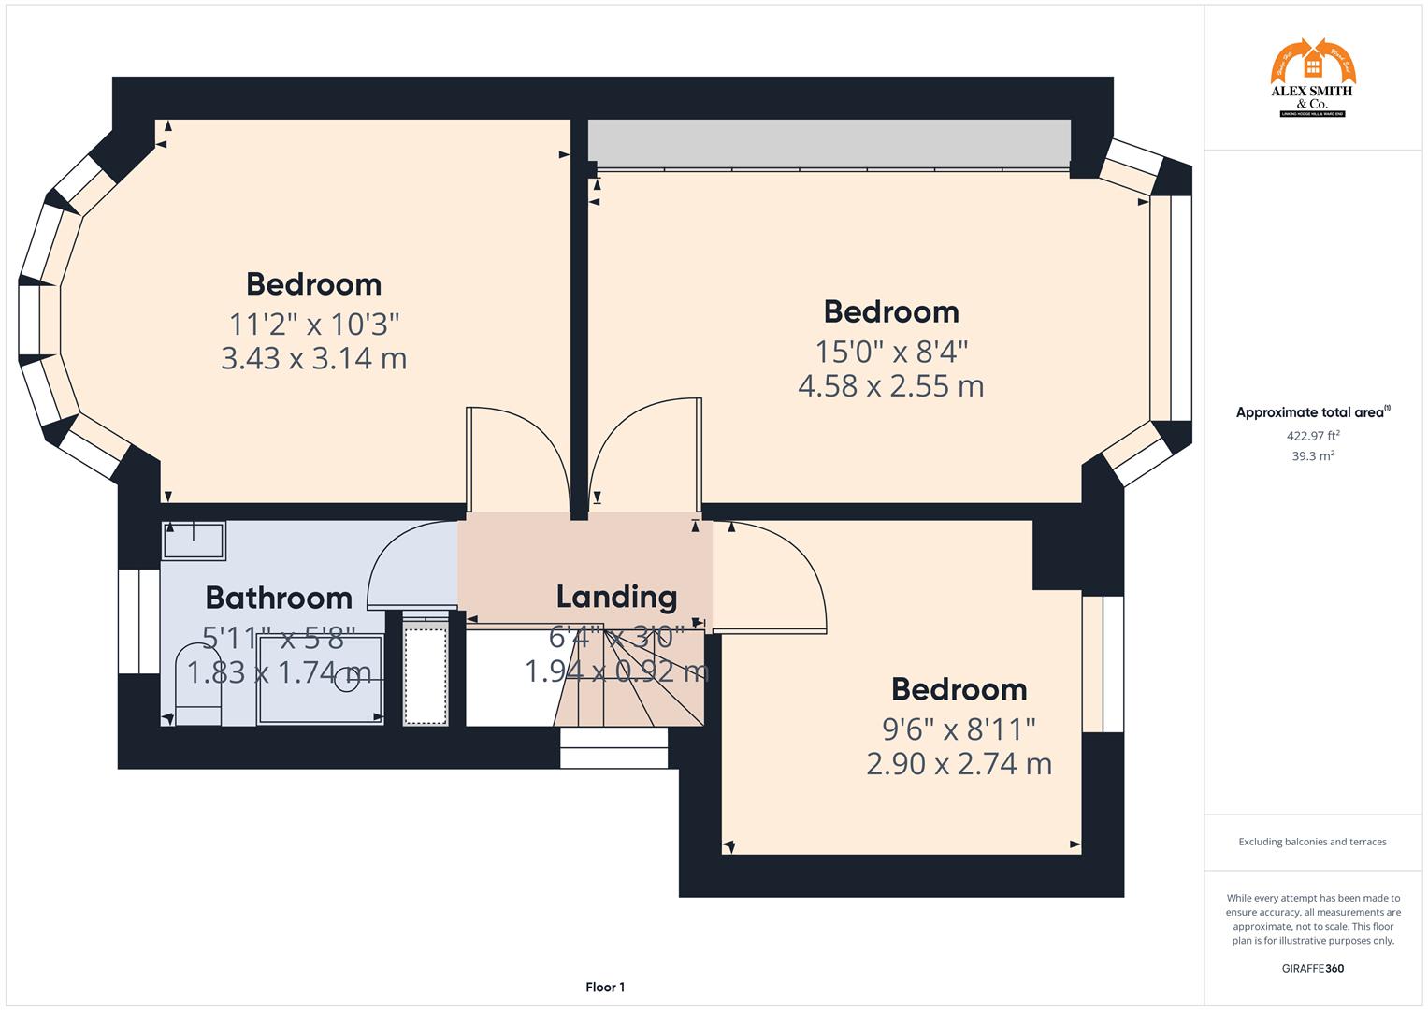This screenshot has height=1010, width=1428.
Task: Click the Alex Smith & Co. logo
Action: click(1312, 79)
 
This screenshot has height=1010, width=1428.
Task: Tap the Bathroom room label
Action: click(279, 598)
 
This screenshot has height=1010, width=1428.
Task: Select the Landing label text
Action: click(616, 597)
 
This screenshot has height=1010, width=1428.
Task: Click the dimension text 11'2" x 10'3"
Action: click(314, 325)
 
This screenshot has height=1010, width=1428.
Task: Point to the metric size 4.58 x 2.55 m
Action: click(890, 385)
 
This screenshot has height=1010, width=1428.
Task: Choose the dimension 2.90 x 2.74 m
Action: click(959, 764)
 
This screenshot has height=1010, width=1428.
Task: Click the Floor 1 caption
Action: click(605, 987)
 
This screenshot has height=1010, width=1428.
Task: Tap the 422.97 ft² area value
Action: click(1313, 435)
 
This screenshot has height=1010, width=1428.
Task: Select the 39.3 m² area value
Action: click(1313, 456)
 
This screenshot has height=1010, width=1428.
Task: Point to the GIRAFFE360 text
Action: click(1312, 968)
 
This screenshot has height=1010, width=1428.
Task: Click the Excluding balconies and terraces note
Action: click(1312, 842)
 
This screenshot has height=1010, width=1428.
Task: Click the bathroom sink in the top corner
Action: click(194, 540)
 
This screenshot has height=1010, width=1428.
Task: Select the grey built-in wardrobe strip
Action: click(828, 143)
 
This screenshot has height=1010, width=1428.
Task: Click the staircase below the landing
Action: click(628, 701)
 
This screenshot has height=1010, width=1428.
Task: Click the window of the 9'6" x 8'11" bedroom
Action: click(1103, 664)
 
